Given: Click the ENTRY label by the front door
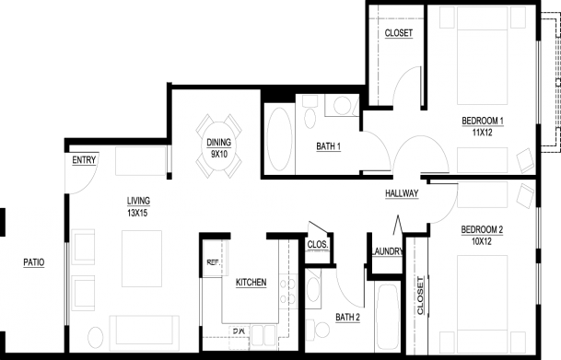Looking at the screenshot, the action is click(84, 160).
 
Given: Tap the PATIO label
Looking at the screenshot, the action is click(34, 262).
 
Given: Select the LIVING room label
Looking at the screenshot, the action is click(138, 201).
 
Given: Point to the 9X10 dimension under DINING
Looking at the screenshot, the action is click(219, 155).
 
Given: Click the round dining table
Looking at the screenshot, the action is click(218, 146).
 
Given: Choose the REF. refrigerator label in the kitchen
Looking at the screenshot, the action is click(213, 262).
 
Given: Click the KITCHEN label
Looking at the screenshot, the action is click(251, 283).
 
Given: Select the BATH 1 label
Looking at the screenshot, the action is click(329, 146).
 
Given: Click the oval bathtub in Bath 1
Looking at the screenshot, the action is click(279, 139).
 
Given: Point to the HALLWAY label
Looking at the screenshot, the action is click(402, 193).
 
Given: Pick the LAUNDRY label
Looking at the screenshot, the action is click(387, 251).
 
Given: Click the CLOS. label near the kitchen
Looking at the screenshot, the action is click(318, 245).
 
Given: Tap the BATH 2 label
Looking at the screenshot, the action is click(348, 317).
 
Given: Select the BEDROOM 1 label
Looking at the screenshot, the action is click(483, 121).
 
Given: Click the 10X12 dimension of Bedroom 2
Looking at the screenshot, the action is click(482, 241).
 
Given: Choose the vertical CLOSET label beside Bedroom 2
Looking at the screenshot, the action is click(420, 296).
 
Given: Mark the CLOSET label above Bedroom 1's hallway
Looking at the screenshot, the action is click(399, 33).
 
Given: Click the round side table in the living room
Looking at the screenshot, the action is click(96, 338).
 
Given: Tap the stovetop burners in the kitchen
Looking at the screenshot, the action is click(288, 291).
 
